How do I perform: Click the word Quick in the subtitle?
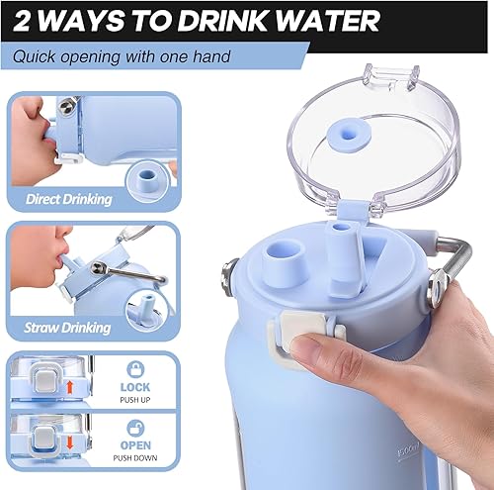(38, 56)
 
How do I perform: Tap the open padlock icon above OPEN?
(134, 431)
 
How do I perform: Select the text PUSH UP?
(134, 401)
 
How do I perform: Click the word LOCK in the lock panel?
(134, 387)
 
